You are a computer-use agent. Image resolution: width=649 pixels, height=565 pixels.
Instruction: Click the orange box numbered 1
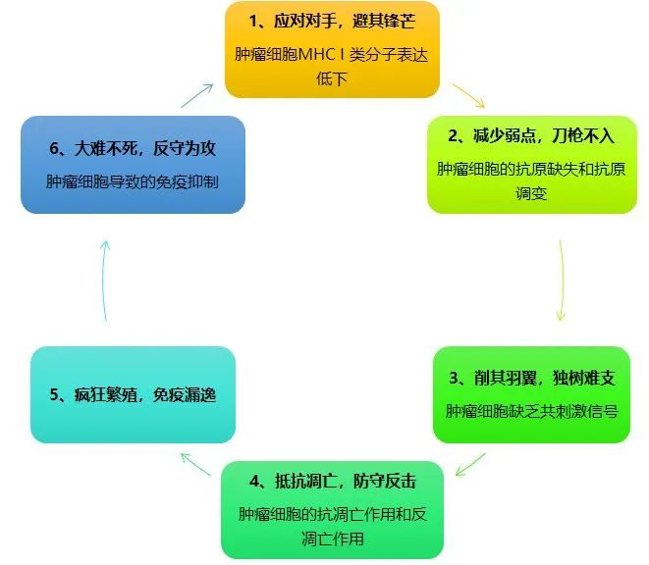click(332, 49)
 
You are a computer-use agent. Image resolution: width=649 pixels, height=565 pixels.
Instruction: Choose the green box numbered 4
click(332, 508)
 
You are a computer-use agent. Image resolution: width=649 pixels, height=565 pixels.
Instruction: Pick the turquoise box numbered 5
click(133, 394)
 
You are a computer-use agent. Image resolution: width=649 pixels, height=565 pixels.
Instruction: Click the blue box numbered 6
click(133, 165)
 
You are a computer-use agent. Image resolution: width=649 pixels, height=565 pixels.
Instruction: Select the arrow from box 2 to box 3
click(561, 280)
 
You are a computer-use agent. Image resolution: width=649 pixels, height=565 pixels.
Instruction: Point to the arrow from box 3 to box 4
click(472, 462)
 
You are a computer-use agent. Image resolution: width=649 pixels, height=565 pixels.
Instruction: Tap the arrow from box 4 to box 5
click(196, 465)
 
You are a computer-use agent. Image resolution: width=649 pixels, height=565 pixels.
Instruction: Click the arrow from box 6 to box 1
click(196, 95)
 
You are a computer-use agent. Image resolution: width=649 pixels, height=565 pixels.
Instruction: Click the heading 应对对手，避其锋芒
click(332, 22)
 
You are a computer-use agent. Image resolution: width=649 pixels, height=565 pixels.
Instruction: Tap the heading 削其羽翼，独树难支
click(531, 379)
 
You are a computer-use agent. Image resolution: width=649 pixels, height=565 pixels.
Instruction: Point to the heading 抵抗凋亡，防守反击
click(332, 482)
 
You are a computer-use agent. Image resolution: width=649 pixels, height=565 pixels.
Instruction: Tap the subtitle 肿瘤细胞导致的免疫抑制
click(132, 182)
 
